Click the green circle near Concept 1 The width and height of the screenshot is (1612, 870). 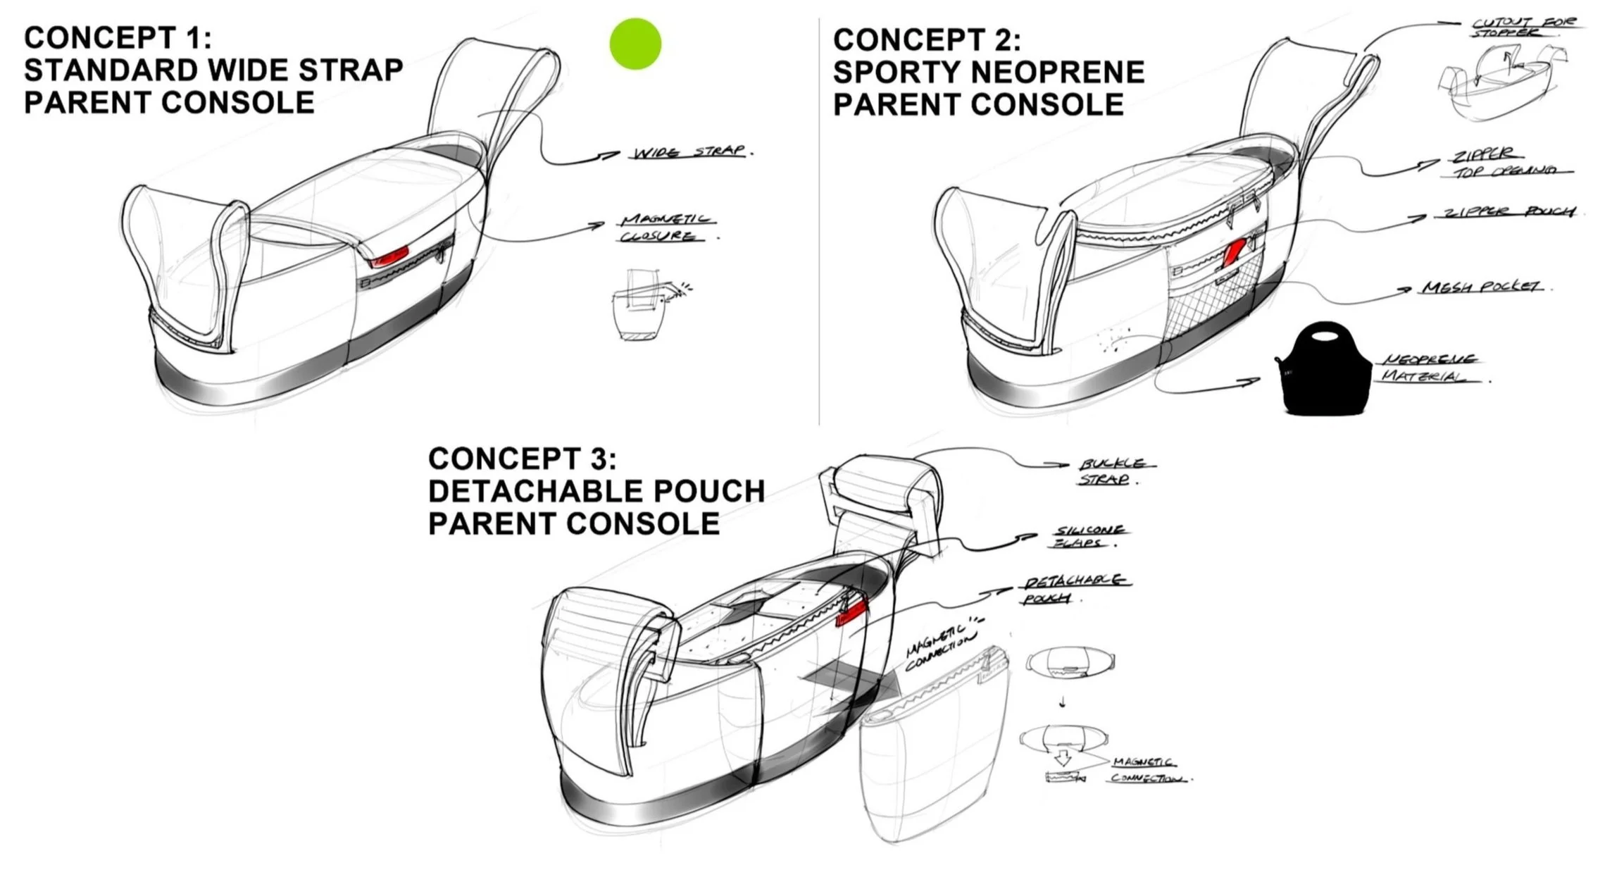(635, 44)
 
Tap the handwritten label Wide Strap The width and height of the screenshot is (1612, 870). (688, 152)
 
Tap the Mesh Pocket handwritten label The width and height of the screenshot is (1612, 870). (1480, 287)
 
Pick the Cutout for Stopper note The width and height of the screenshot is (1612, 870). (1522, 27)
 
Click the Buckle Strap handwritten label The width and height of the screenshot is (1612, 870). (1113, 471)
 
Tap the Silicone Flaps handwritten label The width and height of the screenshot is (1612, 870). (1088, 536)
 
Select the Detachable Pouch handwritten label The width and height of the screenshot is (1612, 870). (1073, 589)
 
